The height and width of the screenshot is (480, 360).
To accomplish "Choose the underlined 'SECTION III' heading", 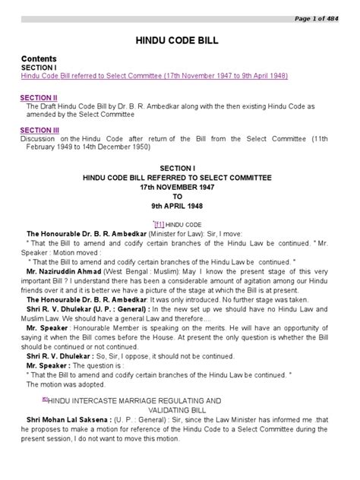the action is click(40, 131).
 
